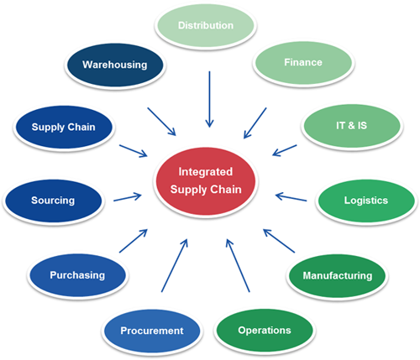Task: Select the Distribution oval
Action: tap(206, 25)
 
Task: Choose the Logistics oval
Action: tap(365, 201)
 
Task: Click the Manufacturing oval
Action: tap(338, 275)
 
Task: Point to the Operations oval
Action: tap(265, 330)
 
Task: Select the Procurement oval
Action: tap(151, 330)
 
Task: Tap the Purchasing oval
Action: tap(77, 274)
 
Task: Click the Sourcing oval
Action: tap(52, 201)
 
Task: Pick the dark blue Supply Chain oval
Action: tap(63, 128)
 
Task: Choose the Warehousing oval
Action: tap(114, 64)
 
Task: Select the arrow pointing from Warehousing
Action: tap(161, 121)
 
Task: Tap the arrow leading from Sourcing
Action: tap(128, 197)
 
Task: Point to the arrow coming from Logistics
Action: tap(291, 200)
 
